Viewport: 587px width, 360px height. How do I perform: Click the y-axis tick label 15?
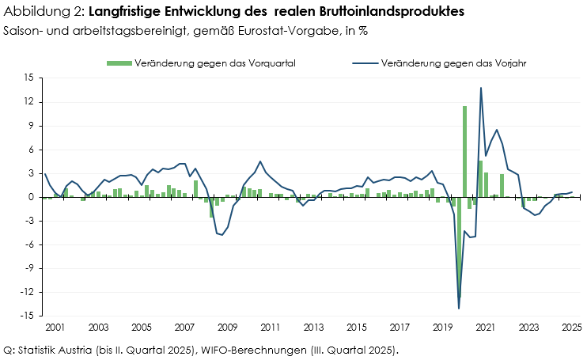[x=28, y=78]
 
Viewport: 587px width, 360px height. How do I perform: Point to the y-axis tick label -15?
[x=27, y=316]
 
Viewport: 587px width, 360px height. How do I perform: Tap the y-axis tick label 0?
[x=31, y=197]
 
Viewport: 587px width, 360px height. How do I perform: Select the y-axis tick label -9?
[x=28, y=268]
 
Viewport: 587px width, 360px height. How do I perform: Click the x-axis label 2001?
[x=55, y=326]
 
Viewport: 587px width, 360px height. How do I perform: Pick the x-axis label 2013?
[x=313, y=326]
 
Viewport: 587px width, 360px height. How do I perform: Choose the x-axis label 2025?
[x=571, y=326]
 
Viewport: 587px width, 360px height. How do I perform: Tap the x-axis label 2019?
[x=443, y=326]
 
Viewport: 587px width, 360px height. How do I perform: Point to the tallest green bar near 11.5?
[x=464, y=150]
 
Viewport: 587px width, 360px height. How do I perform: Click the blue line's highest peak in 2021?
[x=480, y=88]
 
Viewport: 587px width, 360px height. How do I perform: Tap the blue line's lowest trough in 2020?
[x=459, y=308]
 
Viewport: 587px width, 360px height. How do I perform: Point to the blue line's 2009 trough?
[x=222, y=235]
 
